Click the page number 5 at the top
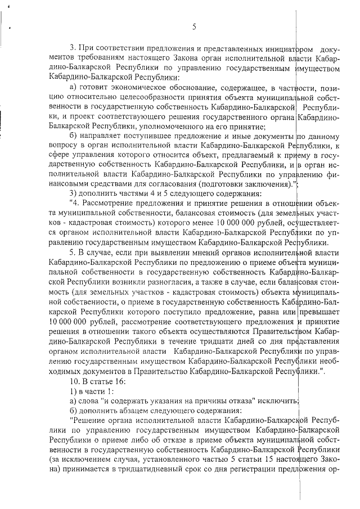pos(193,26)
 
